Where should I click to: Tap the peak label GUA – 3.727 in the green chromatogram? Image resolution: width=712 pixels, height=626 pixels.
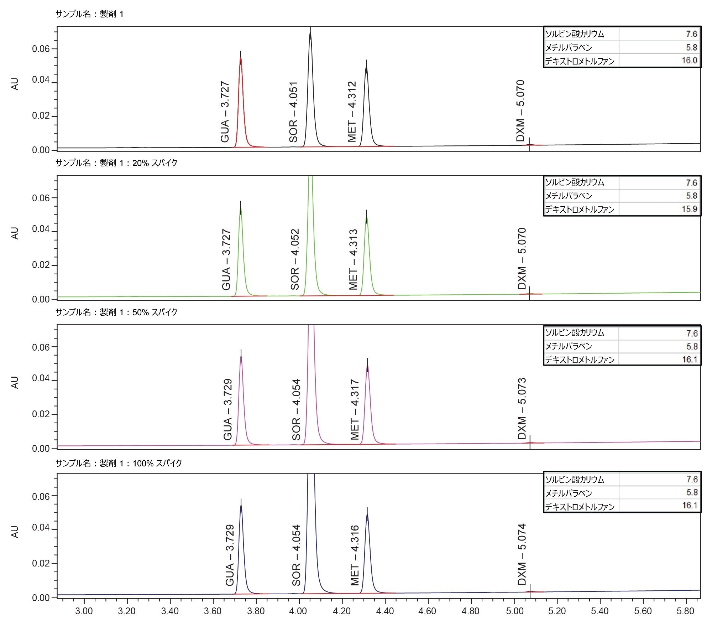click(x=226, y=260)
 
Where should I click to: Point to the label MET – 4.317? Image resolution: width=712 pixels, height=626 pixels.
click(x=355, y=410)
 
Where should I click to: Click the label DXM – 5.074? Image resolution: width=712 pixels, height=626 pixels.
click(x=522, y=554)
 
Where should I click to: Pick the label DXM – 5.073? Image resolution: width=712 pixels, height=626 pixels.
click(x=522, y=409)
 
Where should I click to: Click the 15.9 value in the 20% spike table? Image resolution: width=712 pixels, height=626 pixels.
click(x=689, y=209)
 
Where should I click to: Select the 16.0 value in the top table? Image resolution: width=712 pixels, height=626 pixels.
click(x=689, y=60)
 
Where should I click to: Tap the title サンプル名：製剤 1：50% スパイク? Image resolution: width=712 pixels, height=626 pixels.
click(x=116, y=312)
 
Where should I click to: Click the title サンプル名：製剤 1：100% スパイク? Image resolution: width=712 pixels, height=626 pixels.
click(x=119, y=463)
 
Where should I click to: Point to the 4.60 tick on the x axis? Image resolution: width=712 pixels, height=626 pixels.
click(x=427, y=611)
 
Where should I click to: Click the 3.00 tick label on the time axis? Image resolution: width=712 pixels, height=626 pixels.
click(x=84, y=611)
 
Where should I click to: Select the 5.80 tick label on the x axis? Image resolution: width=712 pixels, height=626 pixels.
click(x=685, y=611)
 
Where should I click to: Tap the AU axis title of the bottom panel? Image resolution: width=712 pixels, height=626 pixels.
click(x=15, y=531)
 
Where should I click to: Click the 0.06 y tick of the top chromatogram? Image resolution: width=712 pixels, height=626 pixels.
click(x=41, y=49)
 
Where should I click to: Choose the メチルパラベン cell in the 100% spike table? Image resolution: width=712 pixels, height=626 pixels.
click(x=569, y=493)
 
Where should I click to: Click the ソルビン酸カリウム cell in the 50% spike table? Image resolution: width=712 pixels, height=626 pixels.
click(x=575, y=333)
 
